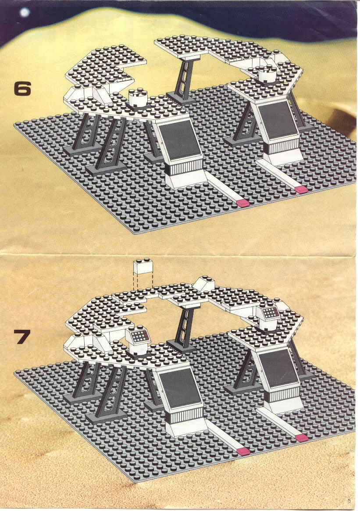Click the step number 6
(22, 88)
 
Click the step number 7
(22, 337)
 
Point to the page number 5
(349, 500)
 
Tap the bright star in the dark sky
(25, 12)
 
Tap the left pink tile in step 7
(243, 451)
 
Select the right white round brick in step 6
(267, 74)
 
